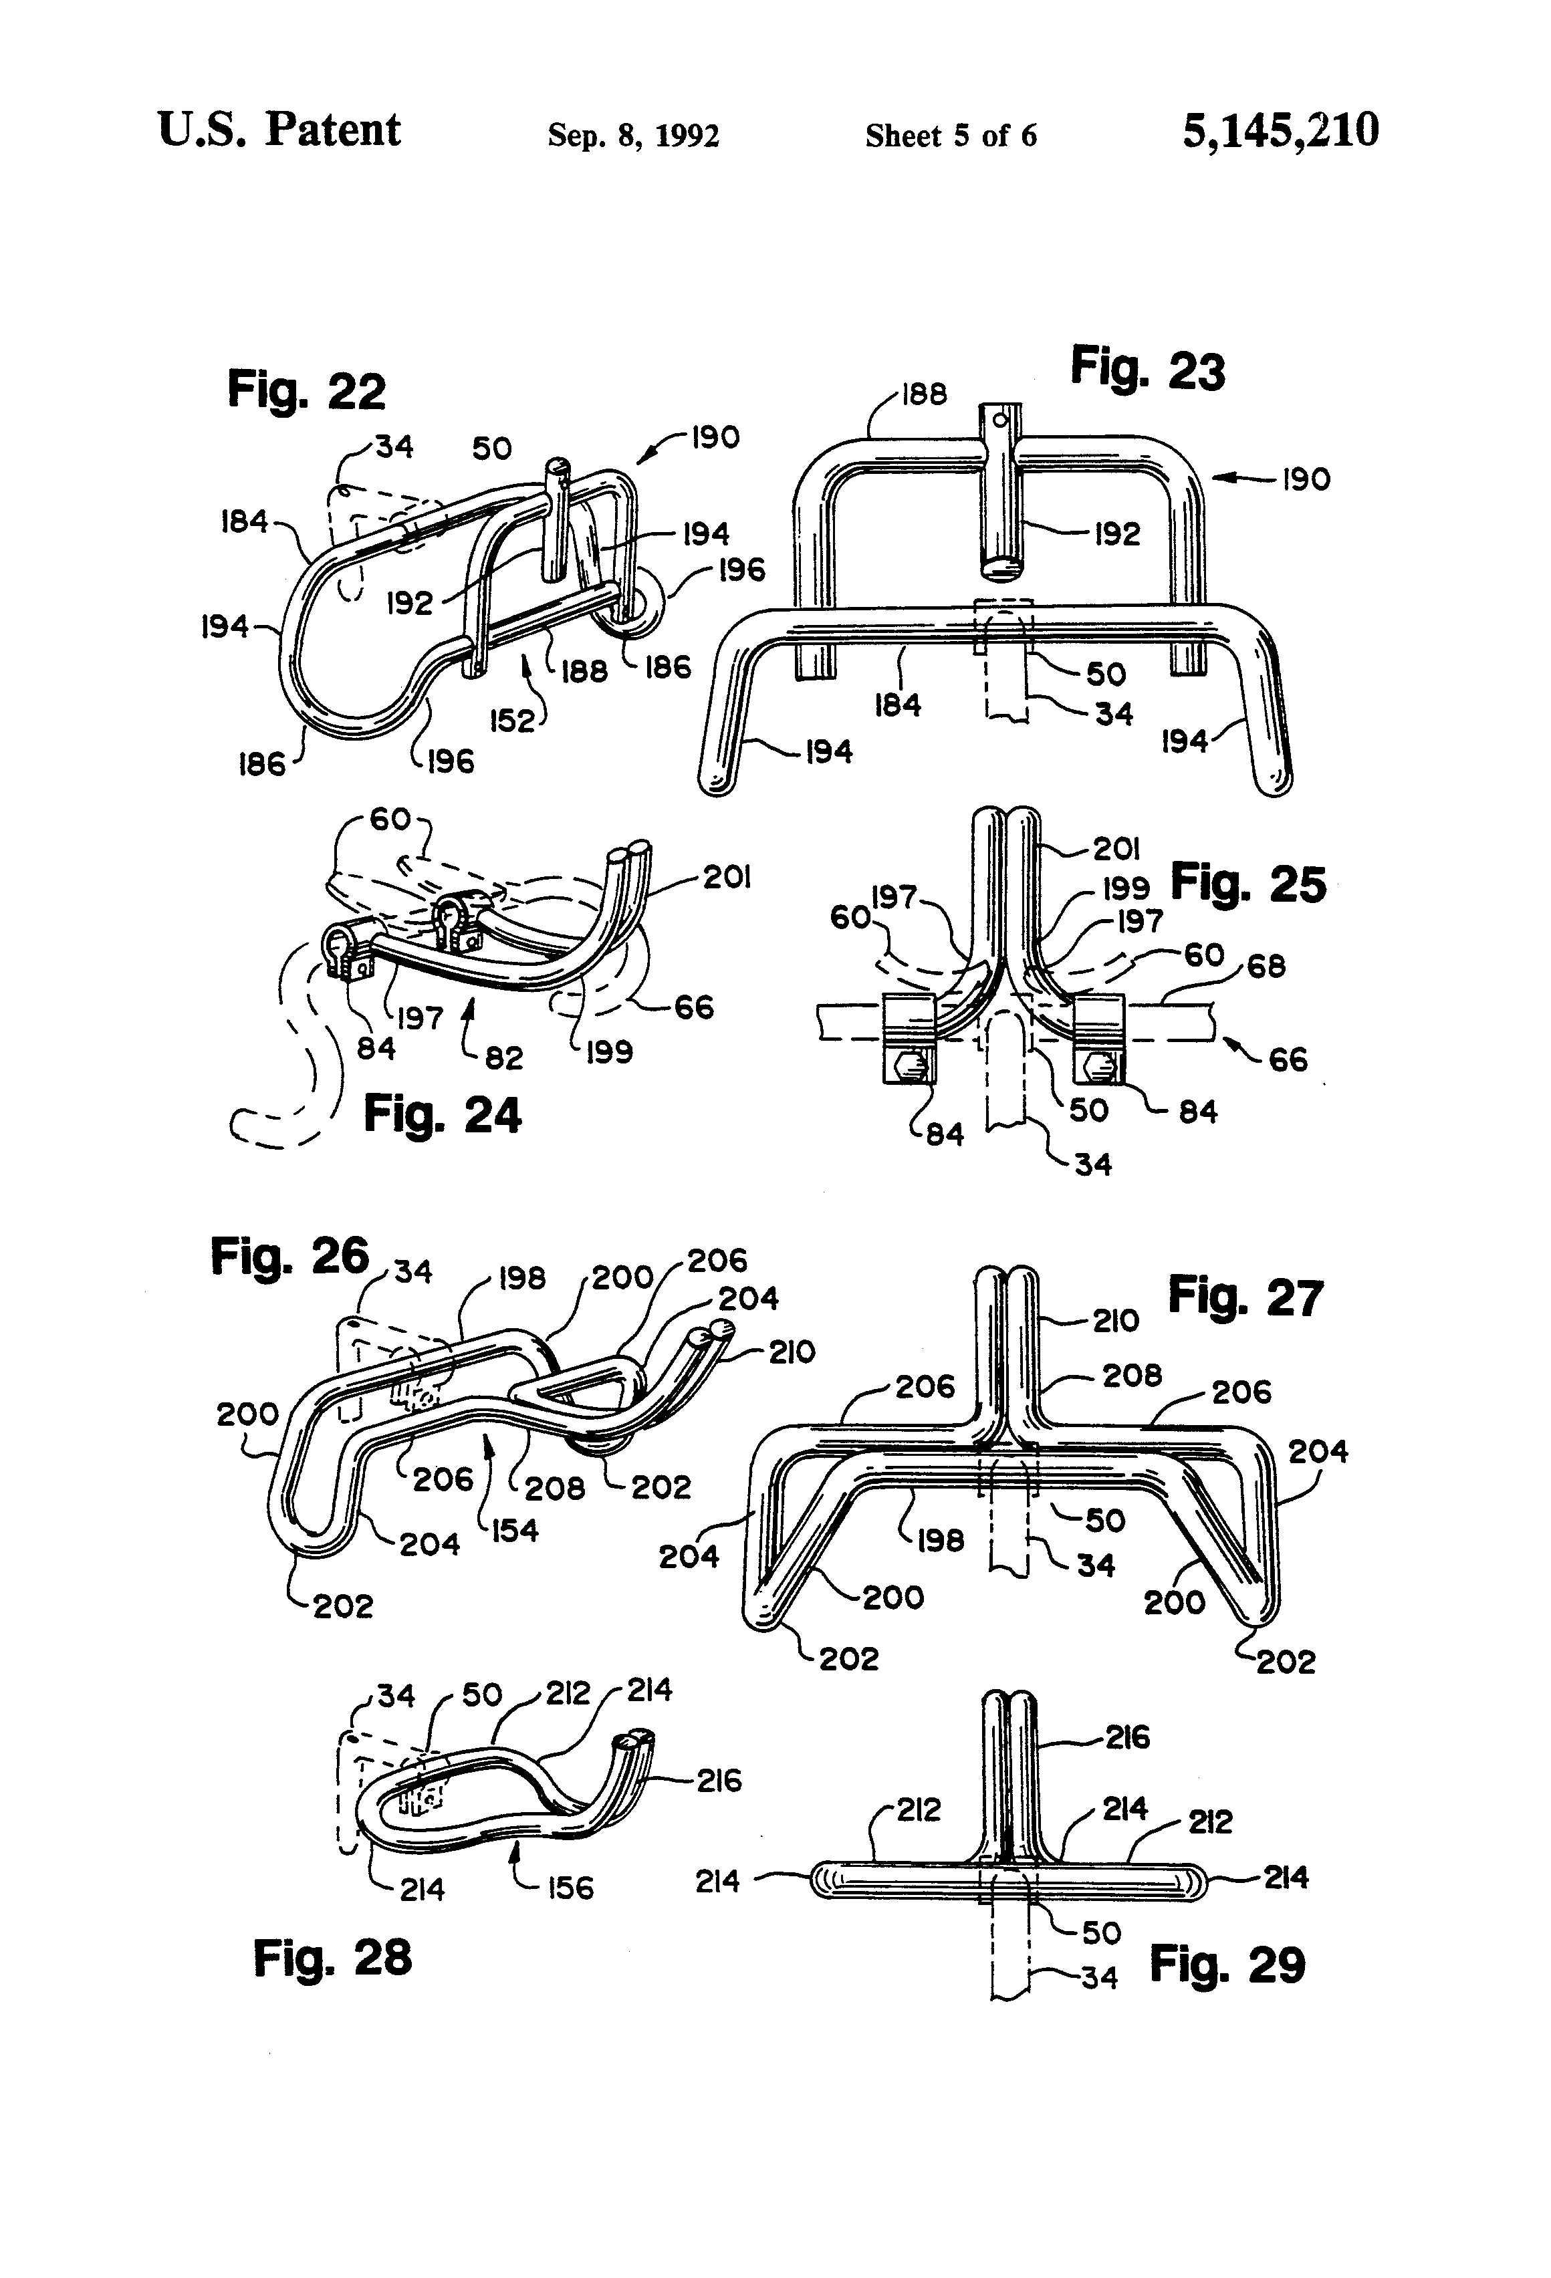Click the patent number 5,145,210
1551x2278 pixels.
(1280, 130)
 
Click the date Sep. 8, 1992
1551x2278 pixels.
(633, 135)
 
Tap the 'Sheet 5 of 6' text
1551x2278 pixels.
(950, 135)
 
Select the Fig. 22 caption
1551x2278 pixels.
(306, 390)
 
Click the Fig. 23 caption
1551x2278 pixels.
(1147, 370)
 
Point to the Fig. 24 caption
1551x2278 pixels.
(442, 1114)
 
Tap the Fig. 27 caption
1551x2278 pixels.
(1245, 1298)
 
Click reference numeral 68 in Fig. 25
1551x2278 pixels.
(1265, 967)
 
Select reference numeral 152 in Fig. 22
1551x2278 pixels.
(512, 721)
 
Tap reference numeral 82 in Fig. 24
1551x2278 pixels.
(504, 1057)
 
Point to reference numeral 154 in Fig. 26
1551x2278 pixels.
(513, 1529)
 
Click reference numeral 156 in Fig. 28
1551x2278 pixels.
(570, 1888)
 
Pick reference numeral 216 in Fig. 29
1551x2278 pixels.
(1126, 1738)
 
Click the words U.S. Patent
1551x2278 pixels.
(279, 130)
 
